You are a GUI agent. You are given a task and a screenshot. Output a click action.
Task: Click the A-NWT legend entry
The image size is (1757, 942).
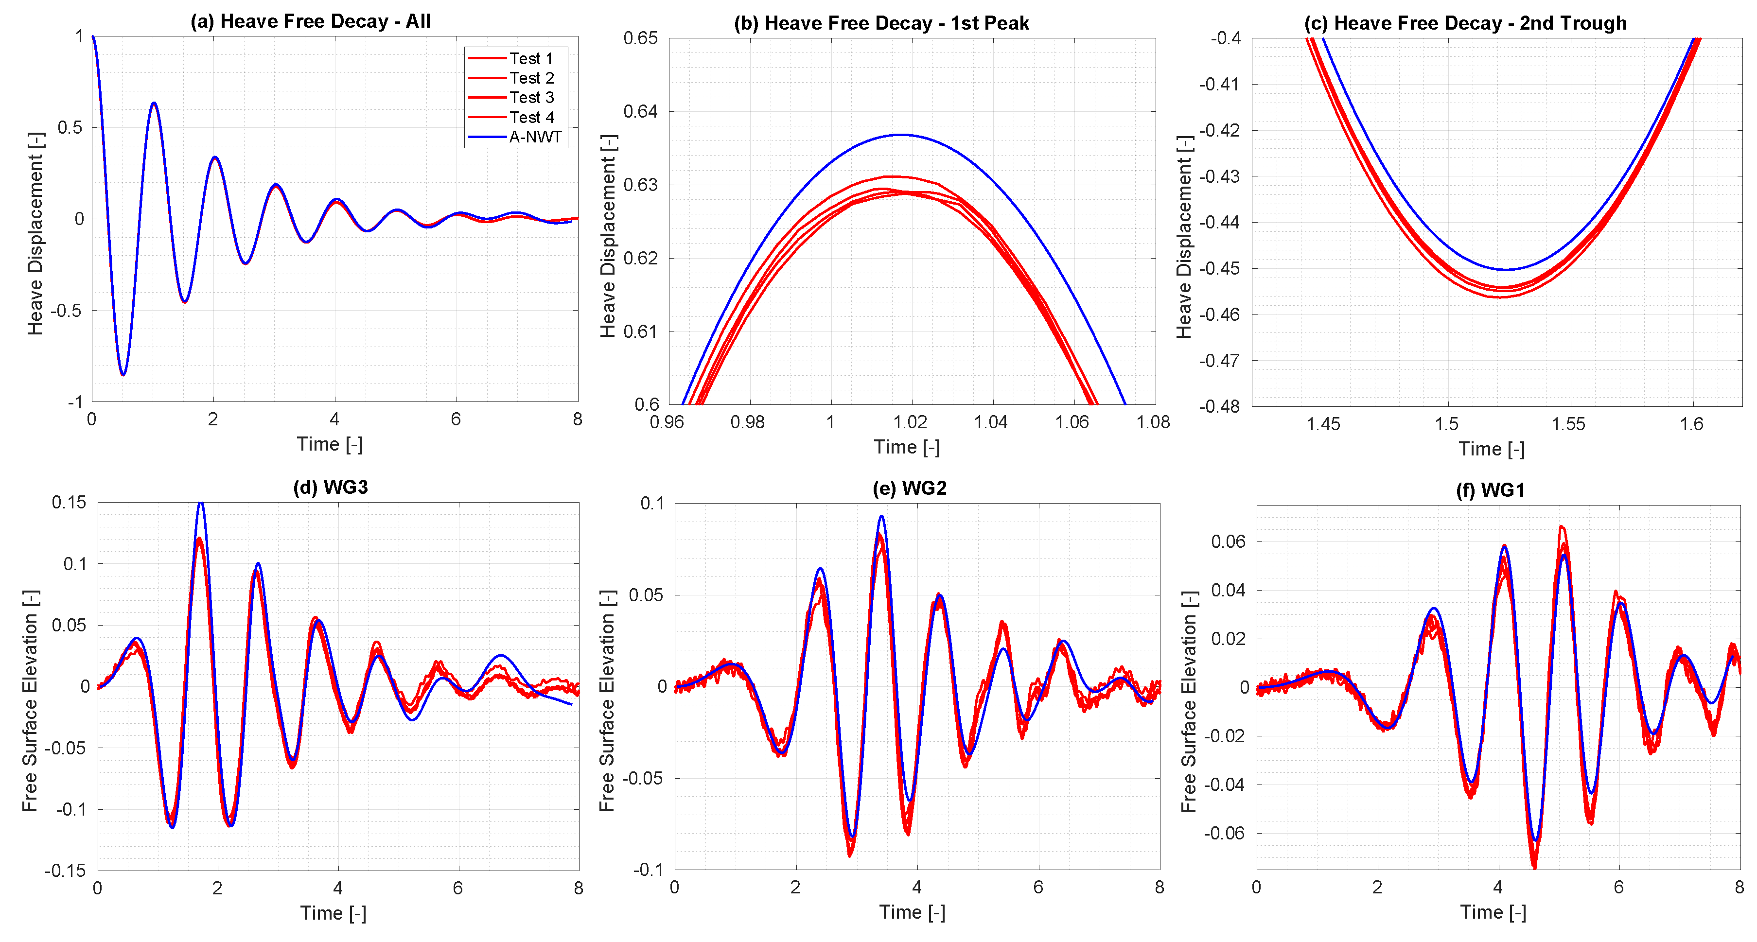click(x=535, y=137)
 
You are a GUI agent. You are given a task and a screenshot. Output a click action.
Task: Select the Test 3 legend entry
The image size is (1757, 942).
click(x=531, y=98)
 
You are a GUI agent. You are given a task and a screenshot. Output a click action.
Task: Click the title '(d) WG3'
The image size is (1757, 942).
click(x=330, y=487)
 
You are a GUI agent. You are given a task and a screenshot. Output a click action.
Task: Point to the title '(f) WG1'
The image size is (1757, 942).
click(x=1490, y=490)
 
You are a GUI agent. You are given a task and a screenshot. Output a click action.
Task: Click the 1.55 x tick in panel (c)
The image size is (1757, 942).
click(x=1569, y=424)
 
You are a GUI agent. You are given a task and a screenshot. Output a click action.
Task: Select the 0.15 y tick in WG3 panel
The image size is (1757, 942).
click(x=69, y=503)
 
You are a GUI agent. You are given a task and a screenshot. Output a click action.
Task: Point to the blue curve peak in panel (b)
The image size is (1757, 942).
click(x=901, y=135)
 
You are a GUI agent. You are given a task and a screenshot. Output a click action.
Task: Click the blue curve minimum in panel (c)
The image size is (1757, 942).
click(x=1505, y=269)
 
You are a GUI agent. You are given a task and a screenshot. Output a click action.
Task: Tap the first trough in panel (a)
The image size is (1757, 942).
click(x=123, y=374)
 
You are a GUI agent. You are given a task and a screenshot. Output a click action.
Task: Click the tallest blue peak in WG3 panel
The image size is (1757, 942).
click(x=200, y=504)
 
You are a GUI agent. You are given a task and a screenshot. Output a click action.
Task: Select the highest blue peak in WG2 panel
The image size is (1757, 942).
click(x=882, y=516)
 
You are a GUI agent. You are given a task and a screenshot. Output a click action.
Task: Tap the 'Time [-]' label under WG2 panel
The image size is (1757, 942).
click(x=912, y=912)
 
